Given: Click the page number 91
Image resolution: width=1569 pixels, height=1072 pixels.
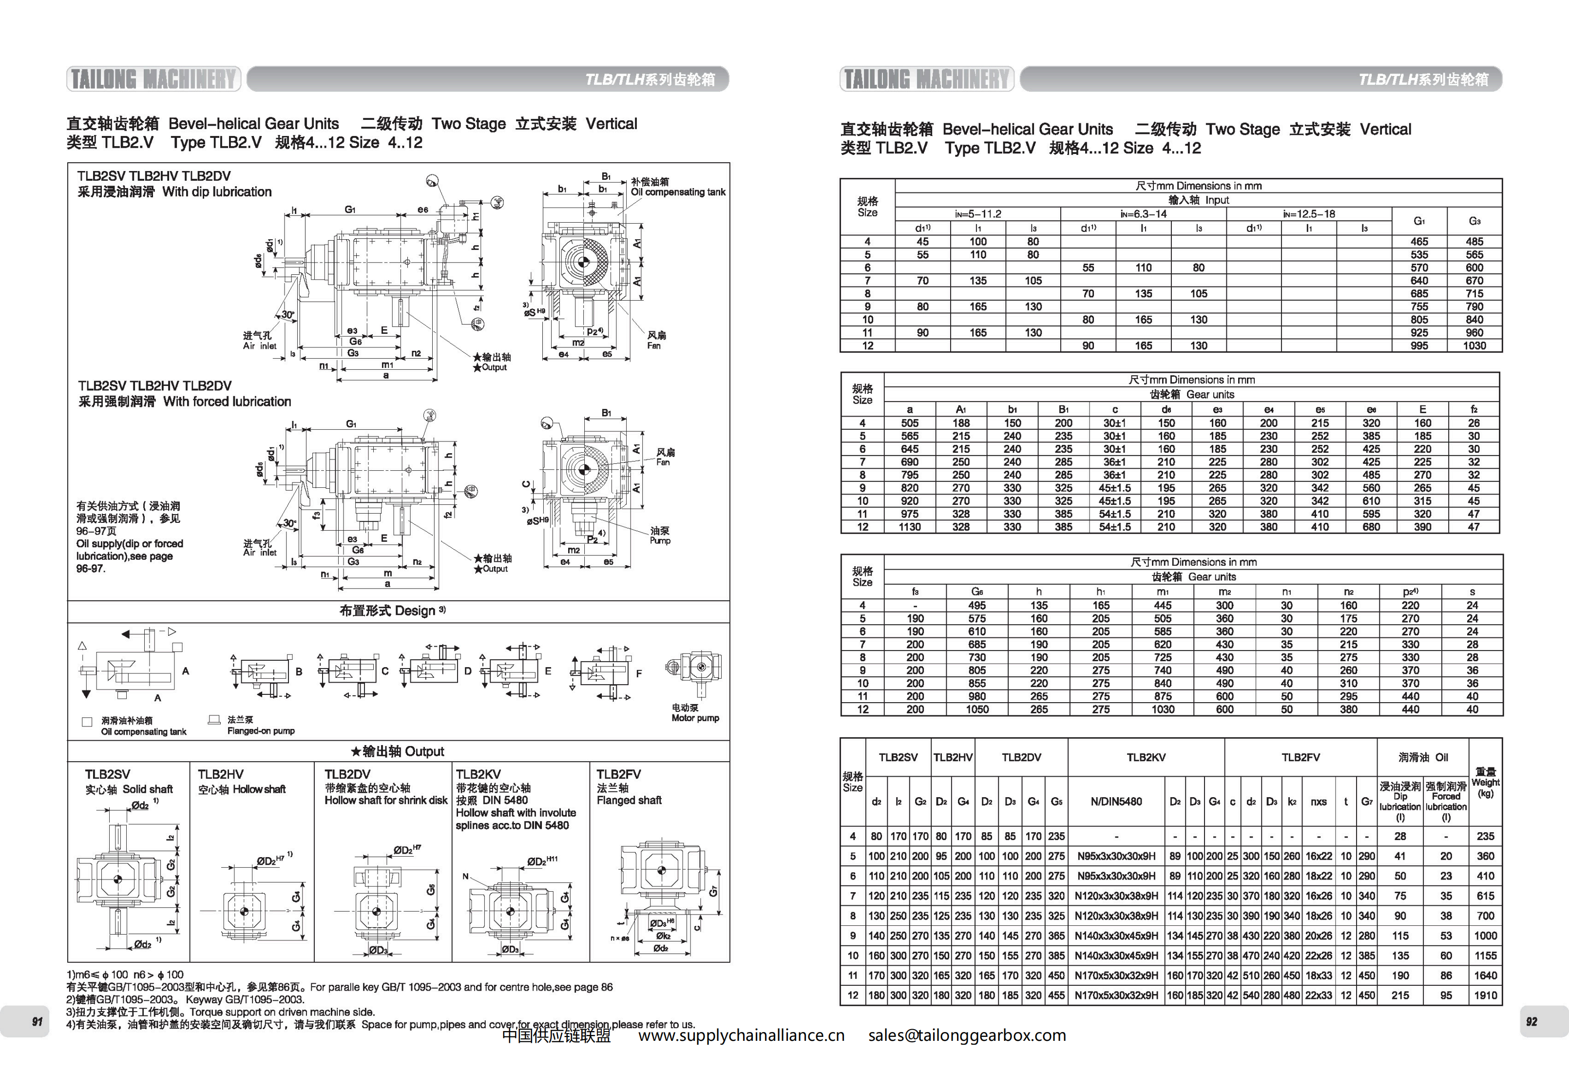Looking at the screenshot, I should point(37,1021).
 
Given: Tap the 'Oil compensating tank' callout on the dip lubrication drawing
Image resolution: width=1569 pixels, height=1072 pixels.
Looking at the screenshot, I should point(677,191).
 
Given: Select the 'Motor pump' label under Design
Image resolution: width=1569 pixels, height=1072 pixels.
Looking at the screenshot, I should point(695,718).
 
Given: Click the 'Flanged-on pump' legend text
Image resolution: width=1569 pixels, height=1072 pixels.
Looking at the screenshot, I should point(261,730).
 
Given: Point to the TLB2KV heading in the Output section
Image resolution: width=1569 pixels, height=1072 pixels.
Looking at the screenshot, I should point(478,774).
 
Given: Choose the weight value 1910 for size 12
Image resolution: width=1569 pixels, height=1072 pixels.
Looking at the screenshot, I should point(1485,995).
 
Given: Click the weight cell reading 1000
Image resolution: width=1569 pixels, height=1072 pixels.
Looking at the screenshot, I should point(1485,936).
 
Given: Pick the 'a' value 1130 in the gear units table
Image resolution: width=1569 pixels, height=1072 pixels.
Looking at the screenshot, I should point(909,527).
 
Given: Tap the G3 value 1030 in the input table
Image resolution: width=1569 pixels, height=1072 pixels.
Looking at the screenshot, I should point(1474,345).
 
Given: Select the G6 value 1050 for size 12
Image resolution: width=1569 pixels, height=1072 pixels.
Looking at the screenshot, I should point(977,709).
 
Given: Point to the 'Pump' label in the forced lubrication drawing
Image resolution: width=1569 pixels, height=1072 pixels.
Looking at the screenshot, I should point(660,541).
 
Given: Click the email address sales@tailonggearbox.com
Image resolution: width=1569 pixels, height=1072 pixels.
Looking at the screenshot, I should point(967,1035).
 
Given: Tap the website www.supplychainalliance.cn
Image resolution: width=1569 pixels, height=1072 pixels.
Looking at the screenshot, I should point(741,1035).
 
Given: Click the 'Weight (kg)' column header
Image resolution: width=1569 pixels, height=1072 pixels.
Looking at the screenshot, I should point(1485,783).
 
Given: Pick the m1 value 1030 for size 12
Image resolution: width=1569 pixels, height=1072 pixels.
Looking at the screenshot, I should point(1163,709).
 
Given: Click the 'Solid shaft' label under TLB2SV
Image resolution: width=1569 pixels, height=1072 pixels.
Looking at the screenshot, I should point(147,789).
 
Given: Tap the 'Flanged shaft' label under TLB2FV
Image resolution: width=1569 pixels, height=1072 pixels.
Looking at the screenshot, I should point(629,800).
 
